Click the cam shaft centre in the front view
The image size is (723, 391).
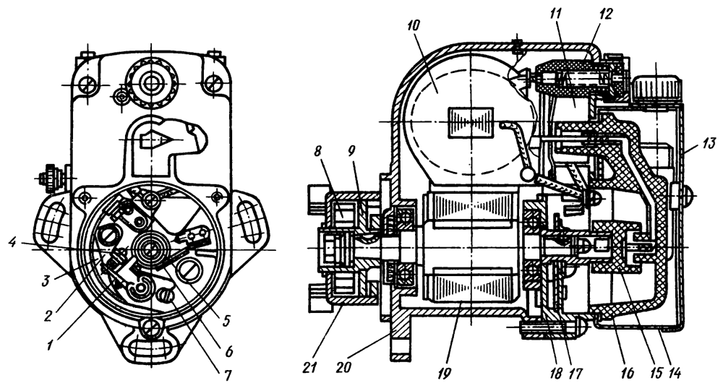coord(152,249)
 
